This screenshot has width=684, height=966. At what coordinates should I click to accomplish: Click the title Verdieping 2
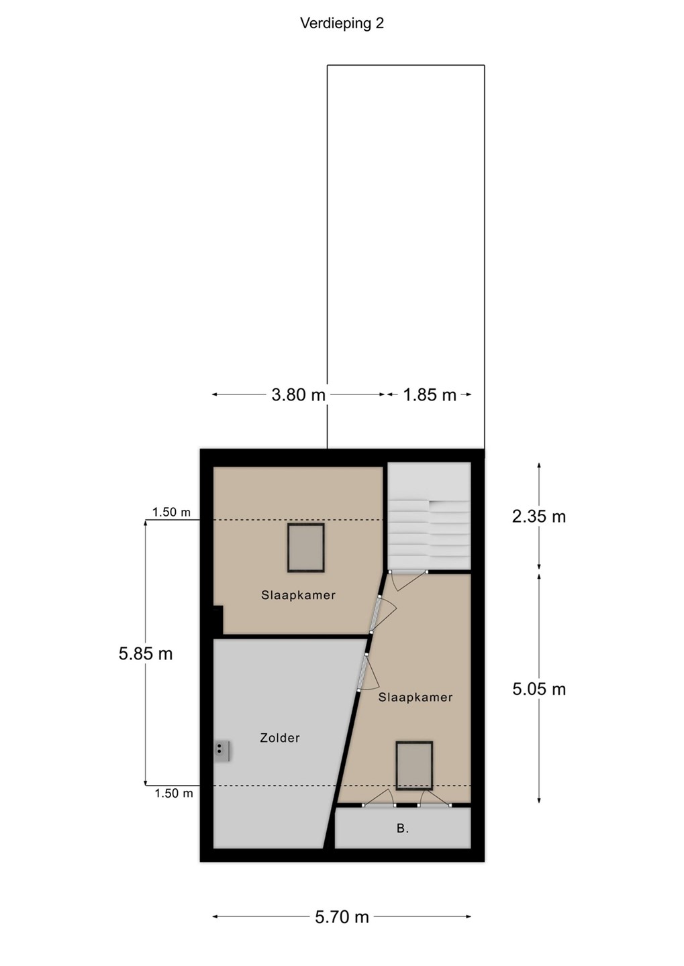pyautogui.click(x=342, y=23)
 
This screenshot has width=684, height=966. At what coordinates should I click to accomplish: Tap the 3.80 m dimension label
pyautogui.click(x=298, y=395)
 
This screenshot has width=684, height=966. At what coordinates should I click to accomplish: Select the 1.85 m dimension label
pyautogui.click(x=430, y=395)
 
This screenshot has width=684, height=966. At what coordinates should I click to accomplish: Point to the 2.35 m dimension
pyautogui.click(x=538, y=517)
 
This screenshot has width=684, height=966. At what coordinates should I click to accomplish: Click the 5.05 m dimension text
pyautogui.click(x=538, y=689)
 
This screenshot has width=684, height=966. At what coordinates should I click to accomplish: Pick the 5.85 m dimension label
pyautogui.click(x=146, y=654)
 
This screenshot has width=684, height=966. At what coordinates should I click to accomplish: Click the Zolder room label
pyautogui.click(x=280, y=738)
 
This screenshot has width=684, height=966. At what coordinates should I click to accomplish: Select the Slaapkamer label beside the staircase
pyautogui.click(x=298, y=595)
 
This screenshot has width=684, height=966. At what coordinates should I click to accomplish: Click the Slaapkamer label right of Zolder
pyautogui.click(x=415, y=698)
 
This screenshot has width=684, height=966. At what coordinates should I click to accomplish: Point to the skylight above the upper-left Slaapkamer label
pyautogui.click(x=306, y=548)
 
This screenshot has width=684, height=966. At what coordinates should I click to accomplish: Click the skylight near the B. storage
pyautogui.click(x=414, y=766)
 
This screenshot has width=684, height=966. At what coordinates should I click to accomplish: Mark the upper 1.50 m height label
pyautogui.click(x=171, y=512)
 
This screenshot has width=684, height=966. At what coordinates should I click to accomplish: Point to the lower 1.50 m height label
pyautogui.click(x=173, y=793)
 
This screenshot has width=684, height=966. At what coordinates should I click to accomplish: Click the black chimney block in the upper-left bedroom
pyautogui.click(x=218, y=620)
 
